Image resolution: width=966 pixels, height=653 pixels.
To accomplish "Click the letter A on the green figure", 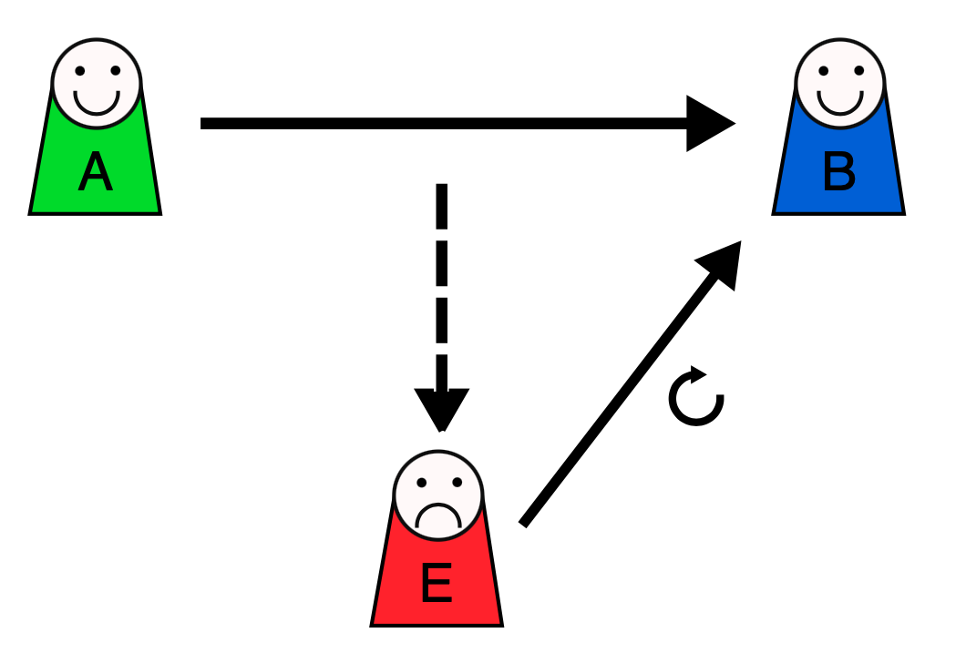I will pyautogui.click(x=95, y=173).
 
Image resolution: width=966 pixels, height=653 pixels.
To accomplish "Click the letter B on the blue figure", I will pyautogui.click(x=838, y=173).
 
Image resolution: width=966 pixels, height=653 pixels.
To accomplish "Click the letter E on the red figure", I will pyautogui.click(x=437, y=585).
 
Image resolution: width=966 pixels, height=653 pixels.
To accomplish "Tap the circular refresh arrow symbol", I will pyautogui.click(x=696, y=398).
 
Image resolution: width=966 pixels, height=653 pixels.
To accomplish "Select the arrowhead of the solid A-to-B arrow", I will pyautogui.click(x=710, y=123).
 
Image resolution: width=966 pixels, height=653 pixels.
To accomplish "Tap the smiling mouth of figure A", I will pyautogui.click(x=97, y=102).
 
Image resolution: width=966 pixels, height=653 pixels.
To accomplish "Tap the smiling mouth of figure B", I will pyautogui.click(x=840, y=102).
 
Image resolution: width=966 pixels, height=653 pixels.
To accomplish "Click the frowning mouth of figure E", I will pyautogui.click(x=437, y=516).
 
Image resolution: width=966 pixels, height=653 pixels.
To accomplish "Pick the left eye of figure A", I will pyautogui.click(x=80, y=70).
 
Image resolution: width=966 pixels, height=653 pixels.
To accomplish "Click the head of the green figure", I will pyautogui.click(x=97, y=82).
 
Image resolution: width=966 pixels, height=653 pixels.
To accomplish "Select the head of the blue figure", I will pyautogui.click(x=840, y=82).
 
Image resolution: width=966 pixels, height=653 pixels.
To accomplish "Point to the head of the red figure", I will pyautogui.click(x=437, y=495).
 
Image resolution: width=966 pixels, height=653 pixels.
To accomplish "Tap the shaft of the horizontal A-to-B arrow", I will pyautogui.click(x=437, y=123).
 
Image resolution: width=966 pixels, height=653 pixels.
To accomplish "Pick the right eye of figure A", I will pyautogui.click(x=113, y=70).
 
